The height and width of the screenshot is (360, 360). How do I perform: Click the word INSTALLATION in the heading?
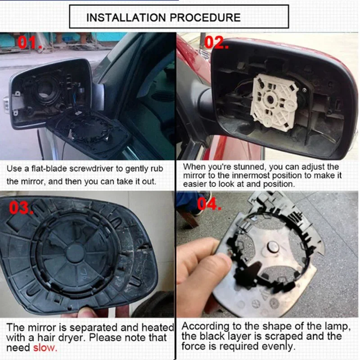point(125,18)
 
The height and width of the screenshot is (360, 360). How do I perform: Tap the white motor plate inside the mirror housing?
point(272,101)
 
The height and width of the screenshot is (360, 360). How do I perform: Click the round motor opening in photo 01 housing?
point(45,88)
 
